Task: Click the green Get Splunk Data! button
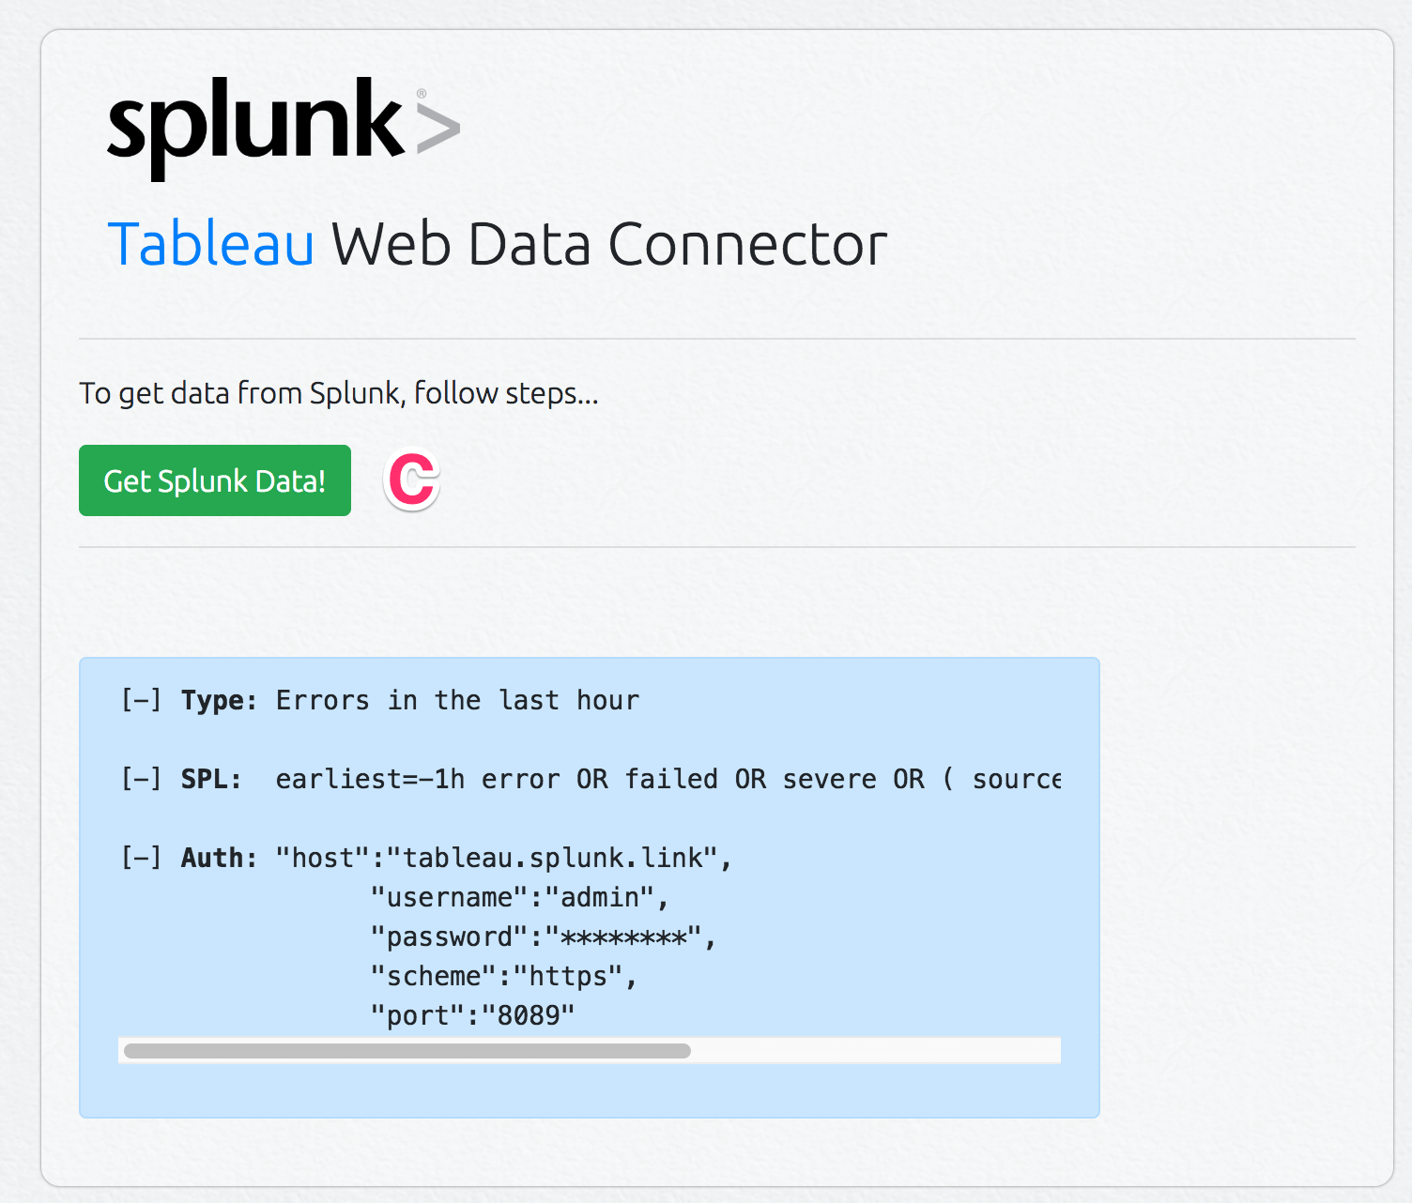[x=215, y=480]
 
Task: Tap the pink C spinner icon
[x=412, y=480]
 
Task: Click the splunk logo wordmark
[x=255, y=126]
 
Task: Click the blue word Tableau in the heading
[x=211, y=245]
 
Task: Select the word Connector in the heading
[x=747, y=245]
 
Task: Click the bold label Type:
[x=219, y=701]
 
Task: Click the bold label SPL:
[x=211, y=780]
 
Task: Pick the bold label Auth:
[x=219, y=859]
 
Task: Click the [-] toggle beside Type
[x=141, y=701]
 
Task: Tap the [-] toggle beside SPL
[x=141, y=780]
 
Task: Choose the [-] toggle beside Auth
[x=141, y=859]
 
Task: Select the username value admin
[x=599, y=898]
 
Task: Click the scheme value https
[x=568, y=977]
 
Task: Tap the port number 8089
[x=529, y=1016]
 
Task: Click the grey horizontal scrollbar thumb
[x=407, y=1051]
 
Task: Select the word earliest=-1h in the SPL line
[x=370, y=780]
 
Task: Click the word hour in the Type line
[x=607, y=701]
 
